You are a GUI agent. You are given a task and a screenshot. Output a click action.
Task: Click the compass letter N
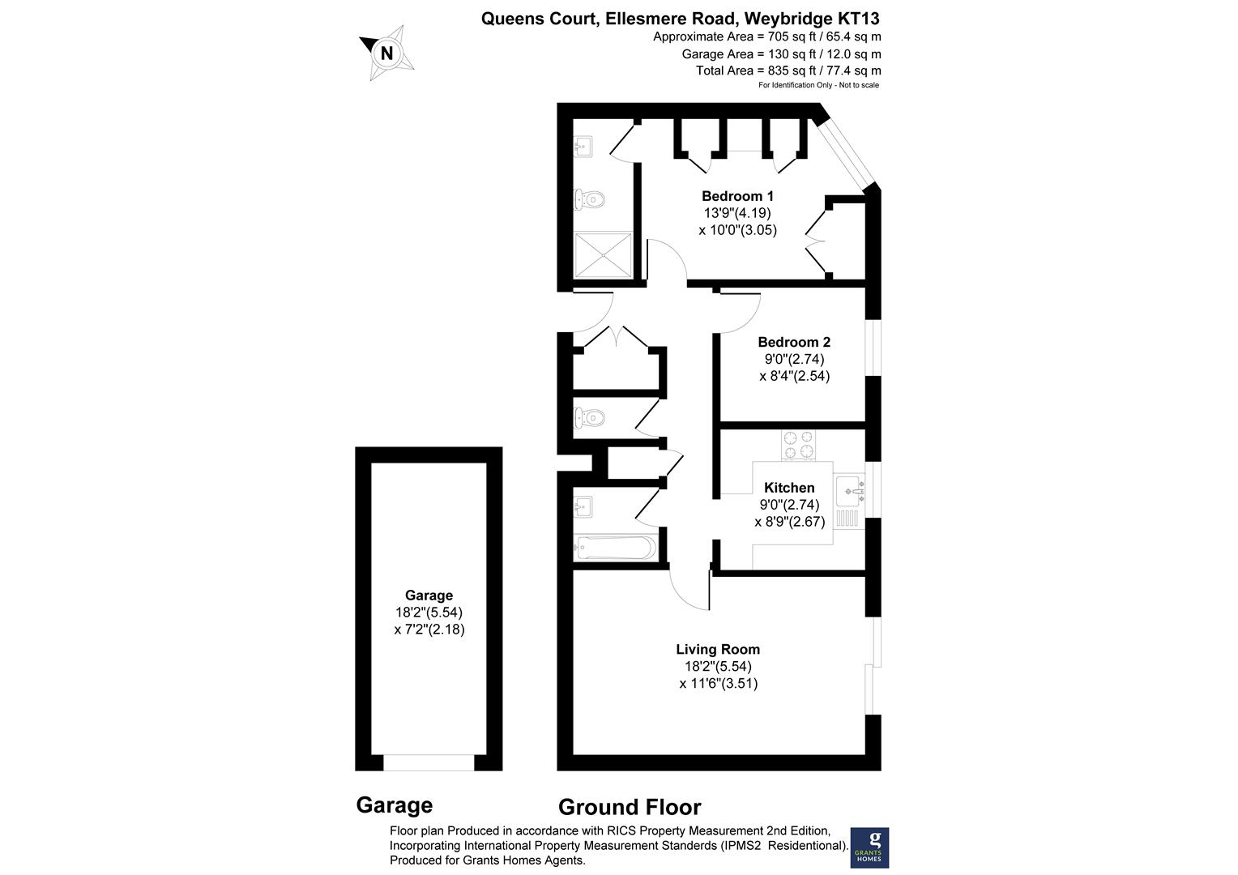coord(386,53)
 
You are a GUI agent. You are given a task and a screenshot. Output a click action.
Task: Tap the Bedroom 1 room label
coord(737,196)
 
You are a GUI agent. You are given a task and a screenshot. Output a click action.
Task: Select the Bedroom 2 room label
coord(794,342)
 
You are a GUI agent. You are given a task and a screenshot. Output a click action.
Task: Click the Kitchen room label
coord(789,488)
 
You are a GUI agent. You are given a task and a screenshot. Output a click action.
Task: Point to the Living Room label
coord(718,649)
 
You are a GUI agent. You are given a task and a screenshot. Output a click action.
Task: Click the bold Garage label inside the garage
coord(429,595)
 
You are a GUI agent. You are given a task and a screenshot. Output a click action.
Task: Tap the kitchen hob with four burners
coord(799,445)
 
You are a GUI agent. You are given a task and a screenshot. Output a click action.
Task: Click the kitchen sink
coord(850,491)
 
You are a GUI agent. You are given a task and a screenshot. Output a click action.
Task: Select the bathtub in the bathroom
coord(615,548)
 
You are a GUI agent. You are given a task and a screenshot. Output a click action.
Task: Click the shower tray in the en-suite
coord(603,255)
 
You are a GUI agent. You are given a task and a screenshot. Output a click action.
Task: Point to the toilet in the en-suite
coord(589,199)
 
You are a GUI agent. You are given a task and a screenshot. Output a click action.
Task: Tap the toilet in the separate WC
coord(589,418)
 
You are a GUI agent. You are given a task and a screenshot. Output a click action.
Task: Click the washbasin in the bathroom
coord(583,506)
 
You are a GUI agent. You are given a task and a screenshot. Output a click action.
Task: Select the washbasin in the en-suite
coord(583,147)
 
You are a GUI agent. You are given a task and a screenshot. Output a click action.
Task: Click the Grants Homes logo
coord(869,847)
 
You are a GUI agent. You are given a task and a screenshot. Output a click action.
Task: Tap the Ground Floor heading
coord(630,807)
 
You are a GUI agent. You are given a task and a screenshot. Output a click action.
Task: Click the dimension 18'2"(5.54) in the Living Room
coord(718,666)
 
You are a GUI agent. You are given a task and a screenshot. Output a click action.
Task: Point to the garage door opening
coord(429,763)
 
